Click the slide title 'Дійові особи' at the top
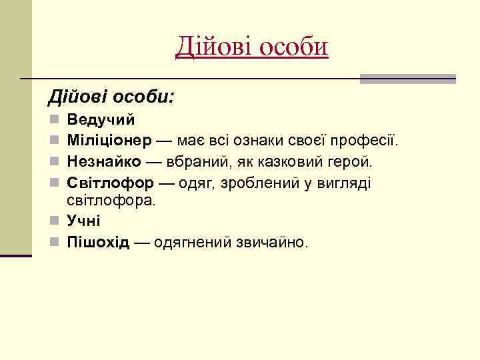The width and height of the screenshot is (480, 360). [x=252, y=47]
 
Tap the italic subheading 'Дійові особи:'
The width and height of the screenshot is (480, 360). [x=111, y=98]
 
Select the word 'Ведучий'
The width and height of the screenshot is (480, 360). [x=101, y=121]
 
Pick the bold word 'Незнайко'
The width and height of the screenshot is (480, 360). [x=103, y=162]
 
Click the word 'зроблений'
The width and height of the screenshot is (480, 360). [x=258, y=183]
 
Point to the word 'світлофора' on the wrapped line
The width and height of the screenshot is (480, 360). [x=110, y=199]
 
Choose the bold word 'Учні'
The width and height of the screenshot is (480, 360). [x=83, y=221]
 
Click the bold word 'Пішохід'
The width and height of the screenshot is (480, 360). [x=98, y=241]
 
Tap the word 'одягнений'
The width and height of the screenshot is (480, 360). [x=193, y=241]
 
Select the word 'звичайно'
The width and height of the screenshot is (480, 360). [x=272, y=241]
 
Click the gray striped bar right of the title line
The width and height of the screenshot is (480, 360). [x=407, y=79]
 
